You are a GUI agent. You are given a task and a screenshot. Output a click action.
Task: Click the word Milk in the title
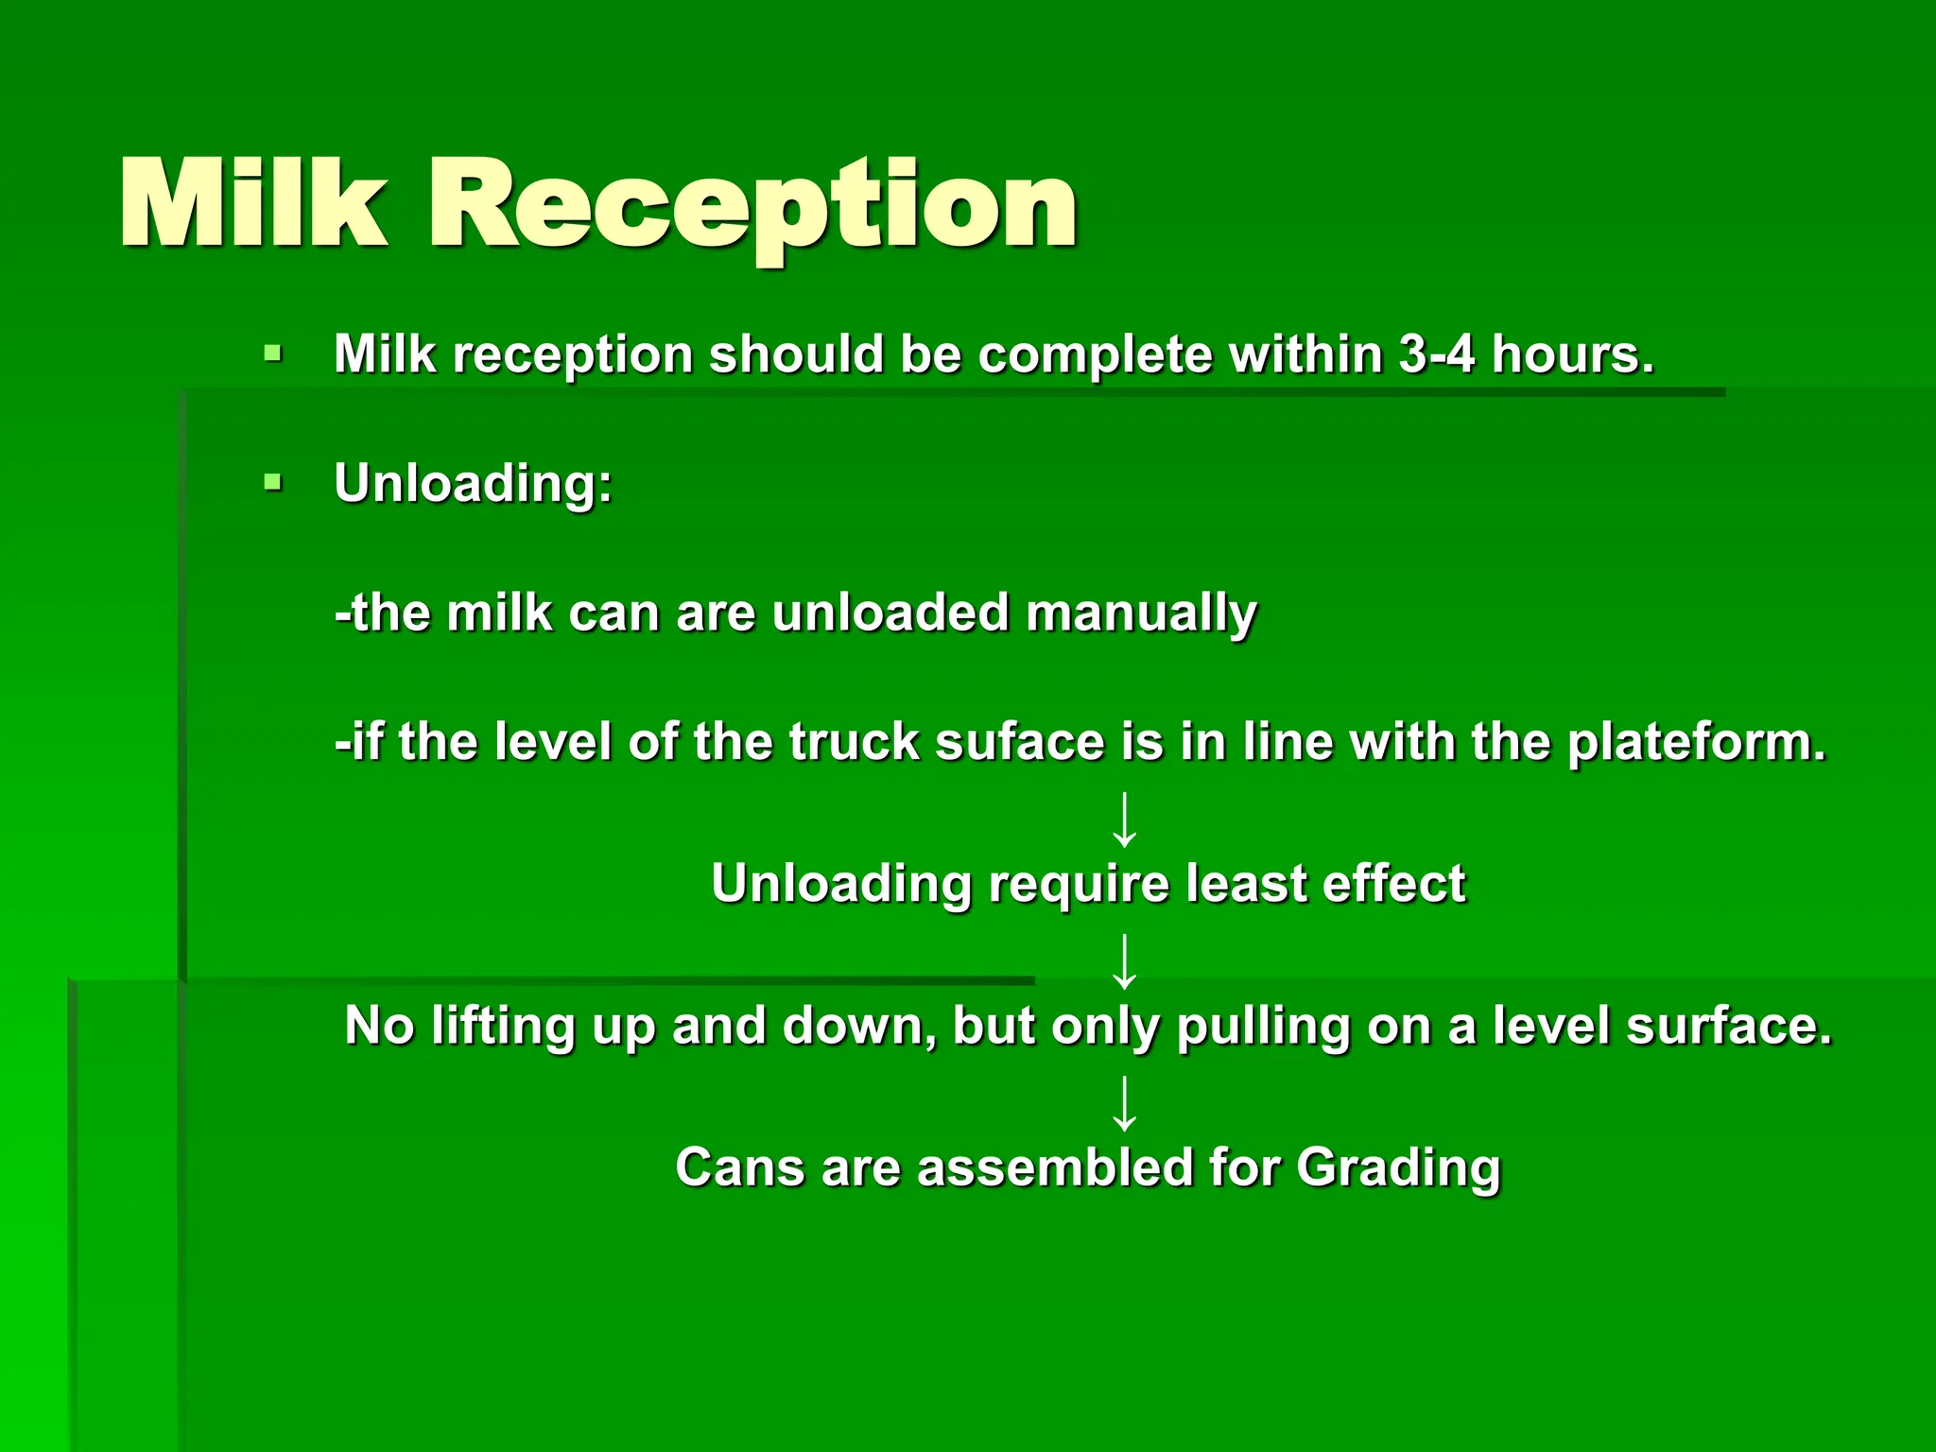coord(253,204)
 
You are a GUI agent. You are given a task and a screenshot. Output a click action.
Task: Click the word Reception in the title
coord(753,206)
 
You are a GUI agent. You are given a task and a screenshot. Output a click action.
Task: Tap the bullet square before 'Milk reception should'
coord(273,354)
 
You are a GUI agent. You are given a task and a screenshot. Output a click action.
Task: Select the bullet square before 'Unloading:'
coord(273,484)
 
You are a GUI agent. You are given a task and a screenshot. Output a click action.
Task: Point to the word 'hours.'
coord(1573,354)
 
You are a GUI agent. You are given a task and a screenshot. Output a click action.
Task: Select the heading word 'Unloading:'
coord(474,484)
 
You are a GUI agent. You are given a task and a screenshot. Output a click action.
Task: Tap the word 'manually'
coord(1141,614)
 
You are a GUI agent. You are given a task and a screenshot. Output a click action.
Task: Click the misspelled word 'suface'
coord(1019,742)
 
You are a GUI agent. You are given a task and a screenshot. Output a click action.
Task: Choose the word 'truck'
coord(854,742)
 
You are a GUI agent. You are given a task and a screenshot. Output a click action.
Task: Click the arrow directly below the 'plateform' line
coord(1124,820)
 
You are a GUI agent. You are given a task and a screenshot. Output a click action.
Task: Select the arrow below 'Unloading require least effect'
coord(1124,960)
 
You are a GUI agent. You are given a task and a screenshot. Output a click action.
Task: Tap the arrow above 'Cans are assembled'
coord(1124,1103)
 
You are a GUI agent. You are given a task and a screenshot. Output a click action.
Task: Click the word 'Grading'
coord(1397,1168)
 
